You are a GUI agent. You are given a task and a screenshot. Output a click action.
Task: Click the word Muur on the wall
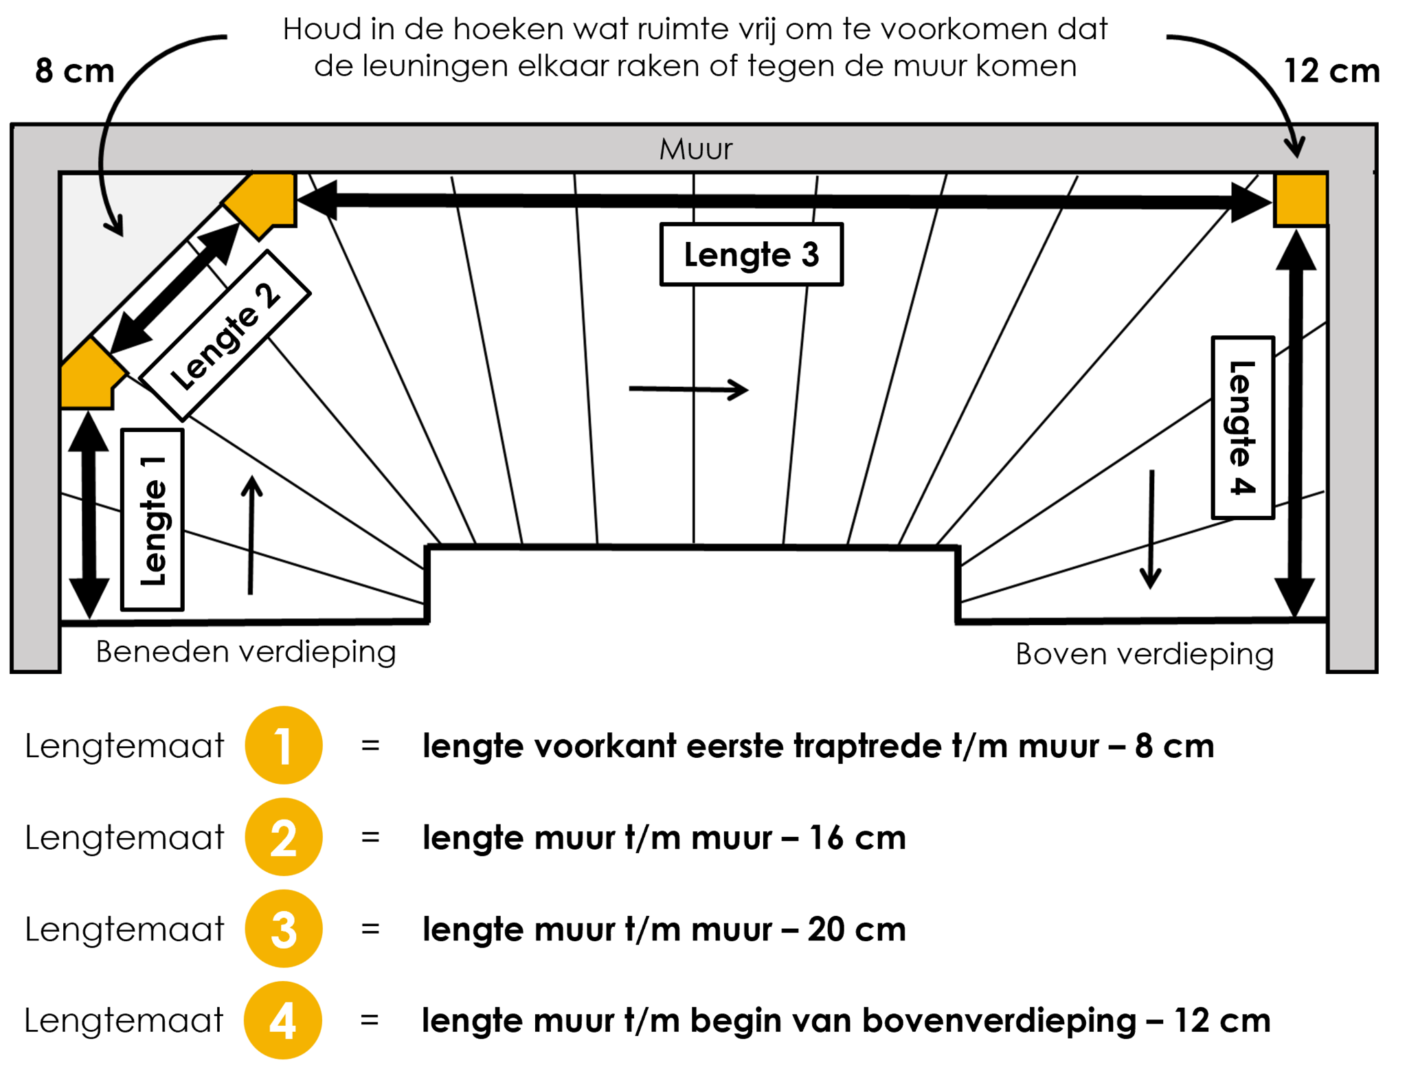(695, 149)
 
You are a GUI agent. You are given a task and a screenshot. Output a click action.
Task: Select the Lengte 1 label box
(152, 519)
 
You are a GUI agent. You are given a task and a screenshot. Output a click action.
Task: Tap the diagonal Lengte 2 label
(225, 336)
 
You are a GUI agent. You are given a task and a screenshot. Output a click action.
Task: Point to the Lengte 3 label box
(751, 254)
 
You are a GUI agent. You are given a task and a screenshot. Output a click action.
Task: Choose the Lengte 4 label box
(1242, 427)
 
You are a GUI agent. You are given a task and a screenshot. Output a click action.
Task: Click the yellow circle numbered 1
(284, 745)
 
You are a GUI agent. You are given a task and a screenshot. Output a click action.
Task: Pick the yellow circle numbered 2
(284, 837)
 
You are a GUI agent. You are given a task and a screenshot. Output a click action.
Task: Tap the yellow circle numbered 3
(284, 929)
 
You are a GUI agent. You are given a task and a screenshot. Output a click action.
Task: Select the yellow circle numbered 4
(283, 1020)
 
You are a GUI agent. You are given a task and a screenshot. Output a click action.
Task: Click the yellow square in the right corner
(1301, 199)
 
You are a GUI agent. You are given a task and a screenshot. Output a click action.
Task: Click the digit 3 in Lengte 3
(810, 255)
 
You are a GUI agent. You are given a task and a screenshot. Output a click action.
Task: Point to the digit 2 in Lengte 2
(267, 295)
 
